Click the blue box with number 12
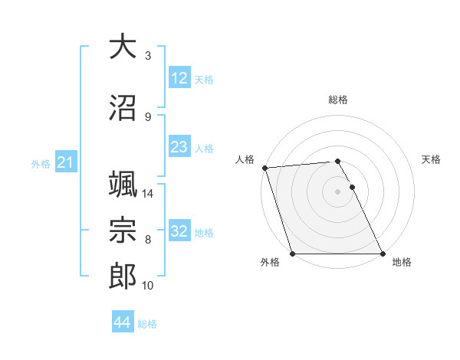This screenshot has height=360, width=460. click(179, 78)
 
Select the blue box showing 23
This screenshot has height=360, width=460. click(179, 147)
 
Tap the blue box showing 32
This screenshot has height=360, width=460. click(179, 231)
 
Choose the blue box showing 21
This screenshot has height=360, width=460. click(65, 162)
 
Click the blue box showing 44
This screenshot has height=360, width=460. click(122, 322)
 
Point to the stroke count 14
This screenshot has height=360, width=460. click(149, 194)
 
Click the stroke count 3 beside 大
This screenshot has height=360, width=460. click(147, 56)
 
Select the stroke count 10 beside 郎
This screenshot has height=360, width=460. click(149, 286)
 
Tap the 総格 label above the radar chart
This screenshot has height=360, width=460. click(338, 100)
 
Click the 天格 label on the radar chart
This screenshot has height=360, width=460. click(432, 159)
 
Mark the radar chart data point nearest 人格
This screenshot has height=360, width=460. click(265, 168)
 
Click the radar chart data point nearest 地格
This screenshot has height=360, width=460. click(383, 254)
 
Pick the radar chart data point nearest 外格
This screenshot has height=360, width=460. click(292, 254)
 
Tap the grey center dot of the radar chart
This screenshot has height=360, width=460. click(337, 191)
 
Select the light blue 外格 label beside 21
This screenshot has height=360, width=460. click(41, 163)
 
